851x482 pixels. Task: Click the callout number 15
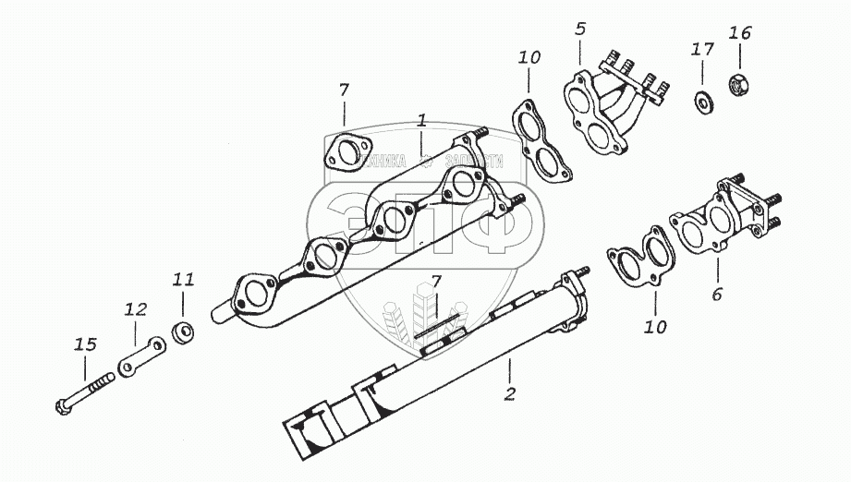tap(85, 344)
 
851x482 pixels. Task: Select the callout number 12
tap(136, 310)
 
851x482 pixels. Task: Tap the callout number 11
tap(183, 278)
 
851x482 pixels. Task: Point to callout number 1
tap(421, 120)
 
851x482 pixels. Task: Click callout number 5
tap(580, 29)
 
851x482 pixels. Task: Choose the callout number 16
tap(739, 33)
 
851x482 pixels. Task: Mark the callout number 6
tap(717, 295)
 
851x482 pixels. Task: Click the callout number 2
tap(509, 395)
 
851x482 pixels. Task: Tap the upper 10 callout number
tap(529, 57)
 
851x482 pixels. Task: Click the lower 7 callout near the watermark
tap(437, 281)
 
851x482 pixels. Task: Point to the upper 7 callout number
tap(344, 90)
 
